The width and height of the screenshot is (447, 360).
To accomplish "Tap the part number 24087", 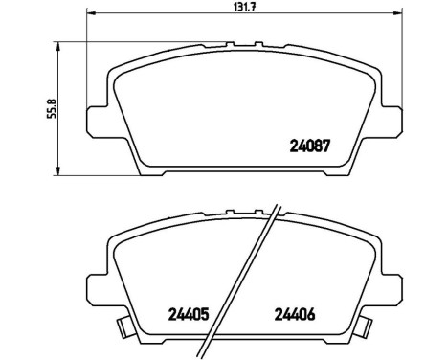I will [309, 147].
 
